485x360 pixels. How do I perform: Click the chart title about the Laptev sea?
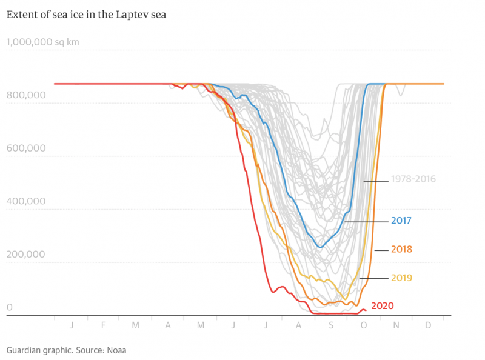[x=86, y=15]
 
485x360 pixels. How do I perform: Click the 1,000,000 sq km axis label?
[x=42, y=42]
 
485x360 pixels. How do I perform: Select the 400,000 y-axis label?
[x=25, y=201]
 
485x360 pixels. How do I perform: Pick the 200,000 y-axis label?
[x=25, y=254]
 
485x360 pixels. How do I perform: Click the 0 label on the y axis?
[x=10, y=307]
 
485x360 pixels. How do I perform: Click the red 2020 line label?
[x=382, y=305]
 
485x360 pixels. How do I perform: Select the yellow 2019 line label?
[x=401, y=278]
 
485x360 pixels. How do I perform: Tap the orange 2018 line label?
[x=401, y=249]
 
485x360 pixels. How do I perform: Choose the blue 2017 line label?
[x=401, y=221]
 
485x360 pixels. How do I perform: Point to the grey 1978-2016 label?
[x=413, y=179]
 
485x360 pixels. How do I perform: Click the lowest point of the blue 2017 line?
[x=320, y=247]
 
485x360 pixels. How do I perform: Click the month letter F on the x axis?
[x=103, y=325]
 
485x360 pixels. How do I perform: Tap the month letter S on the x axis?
[x=331, y=325]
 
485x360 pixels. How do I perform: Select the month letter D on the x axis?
[x=428, y=325]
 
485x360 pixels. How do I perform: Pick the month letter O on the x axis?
[x=364, y=325]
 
